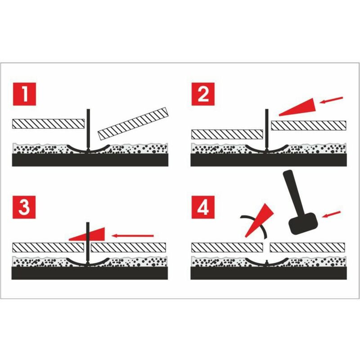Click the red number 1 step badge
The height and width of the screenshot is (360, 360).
click(x=24, y=94)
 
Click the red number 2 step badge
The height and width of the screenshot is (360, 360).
click(x=203, y=94)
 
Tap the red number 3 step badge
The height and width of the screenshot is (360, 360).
click(x=24, y=207)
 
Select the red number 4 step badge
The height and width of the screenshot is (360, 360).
click(x=203, y=207)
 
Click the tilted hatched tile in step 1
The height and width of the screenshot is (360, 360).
click(x=133, y=123)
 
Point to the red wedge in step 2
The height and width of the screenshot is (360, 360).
click(x=298, y=107)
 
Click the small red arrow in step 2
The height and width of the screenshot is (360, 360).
click(x=331, y=100)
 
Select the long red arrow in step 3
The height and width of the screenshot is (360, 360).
click(x=132, y=235)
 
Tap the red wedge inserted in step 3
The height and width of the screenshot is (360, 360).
click(x=87, y=234)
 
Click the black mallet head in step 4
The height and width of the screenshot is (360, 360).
click(x=303, y=223)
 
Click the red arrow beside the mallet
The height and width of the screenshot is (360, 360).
click(x=332, y=214)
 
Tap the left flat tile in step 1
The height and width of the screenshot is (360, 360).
click(x=48, y=123)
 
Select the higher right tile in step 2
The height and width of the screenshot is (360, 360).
click(x=309, y=126)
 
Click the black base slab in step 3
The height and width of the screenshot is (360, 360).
click(x=90, y=273)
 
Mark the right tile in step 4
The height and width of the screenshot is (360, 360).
click(x=307, y=247)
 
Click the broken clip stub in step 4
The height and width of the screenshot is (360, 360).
click(x=266, y=262)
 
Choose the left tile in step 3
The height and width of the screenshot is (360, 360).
click(x=48, y=247)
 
